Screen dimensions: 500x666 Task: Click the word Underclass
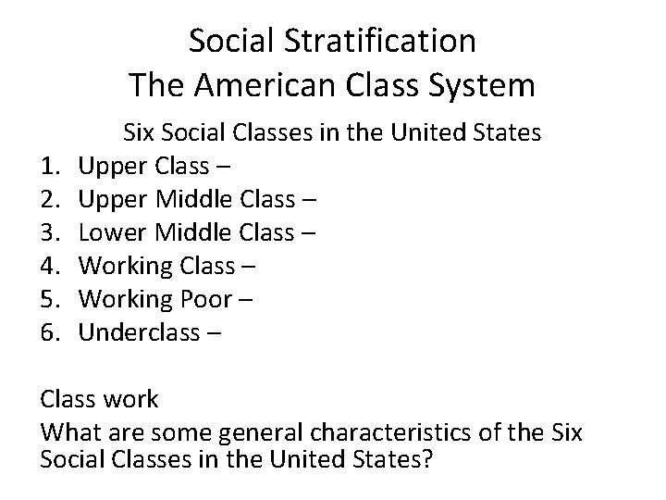point(137,333)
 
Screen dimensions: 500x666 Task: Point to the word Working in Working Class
point(126,267)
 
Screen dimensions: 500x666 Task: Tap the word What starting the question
point(69,432)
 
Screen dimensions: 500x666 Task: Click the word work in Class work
point(130,400)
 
